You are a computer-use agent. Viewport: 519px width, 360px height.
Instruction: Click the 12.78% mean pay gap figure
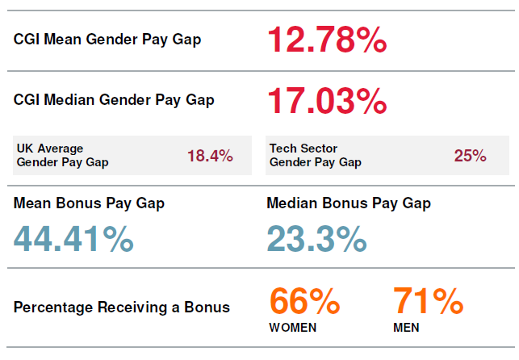327,40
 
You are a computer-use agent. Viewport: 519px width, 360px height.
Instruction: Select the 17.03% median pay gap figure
327,101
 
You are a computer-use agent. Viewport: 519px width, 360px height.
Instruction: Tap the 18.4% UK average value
210,156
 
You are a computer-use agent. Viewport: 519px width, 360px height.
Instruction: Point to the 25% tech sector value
470,156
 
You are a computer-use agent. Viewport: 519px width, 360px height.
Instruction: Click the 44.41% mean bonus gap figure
73,239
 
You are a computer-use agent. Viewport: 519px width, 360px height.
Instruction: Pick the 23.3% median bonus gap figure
316,239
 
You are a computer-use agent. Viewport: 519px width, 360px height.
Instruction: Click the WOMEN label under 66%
292,328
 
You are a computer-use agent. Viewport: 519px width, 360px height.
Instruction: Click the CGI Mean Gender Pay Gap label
107,40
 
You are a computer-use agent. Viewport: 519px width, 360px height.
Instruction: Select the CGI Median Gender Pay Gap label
114,100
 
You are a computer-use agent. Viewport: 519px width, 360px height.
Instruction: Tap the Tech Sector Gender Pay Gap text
315,155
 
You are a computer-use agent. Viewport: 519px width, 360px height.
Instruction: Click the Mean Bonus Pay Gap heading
89,203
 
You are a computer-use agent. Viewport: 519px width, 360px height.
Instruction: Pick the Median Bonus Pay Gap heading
349,203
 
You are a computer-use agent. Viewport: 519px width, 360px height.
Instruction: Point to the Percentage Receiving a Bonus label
122,307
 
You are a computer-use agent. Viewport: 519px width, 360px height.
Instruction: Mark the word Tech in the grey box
282,149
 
